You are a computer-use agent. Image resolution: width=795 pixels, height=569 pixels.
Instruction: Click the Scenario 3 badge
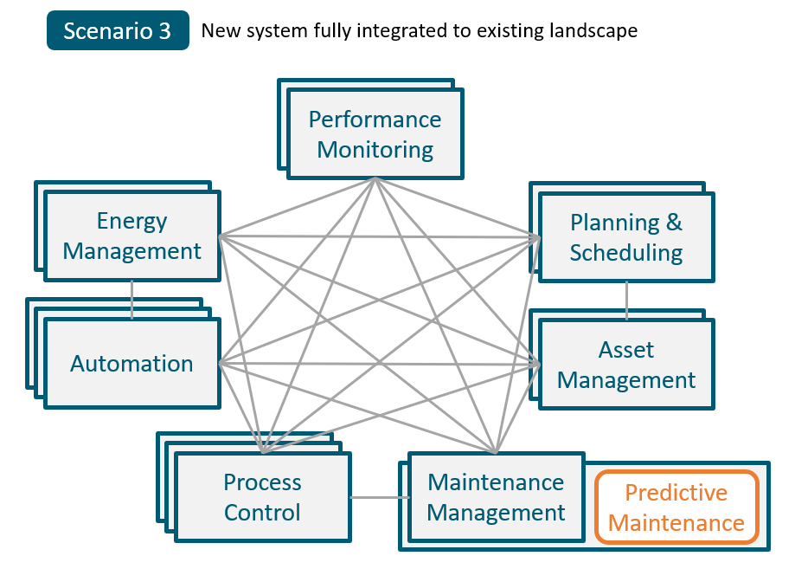pos(118,31)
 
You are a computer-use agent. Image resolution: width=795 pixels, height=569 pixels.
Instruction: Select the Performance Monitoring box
pos(375,134)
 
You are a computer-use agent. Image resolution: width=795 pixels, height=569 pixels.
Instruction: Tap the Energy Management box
pos(132,236)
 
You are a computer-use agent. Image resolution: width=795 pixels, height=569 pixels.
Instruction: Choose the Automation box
pos(131,363)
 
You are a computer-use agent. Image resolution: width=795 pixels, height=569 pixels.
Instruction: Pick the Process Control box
pos(262,497)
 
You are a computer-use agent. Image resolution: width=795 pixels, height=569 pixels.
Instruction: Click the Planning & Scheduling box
pos(626,237)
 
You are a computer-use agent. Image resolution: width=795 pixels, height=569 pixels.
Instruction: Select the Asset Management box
pos(626,365)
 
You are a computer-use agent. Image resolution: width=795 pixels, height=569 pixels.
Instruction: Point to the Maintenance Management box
pos(496,497)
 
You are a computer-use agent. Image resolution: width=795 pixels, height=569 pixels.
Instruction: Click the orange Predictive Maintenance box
pos(676,508)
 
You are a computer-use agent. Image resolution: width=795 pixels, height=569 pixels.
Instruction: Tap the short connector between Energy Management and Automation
pos(131,300)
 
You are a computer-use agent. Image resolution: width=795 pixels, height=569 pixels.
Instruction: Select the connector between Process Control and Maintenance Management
pos(380,497)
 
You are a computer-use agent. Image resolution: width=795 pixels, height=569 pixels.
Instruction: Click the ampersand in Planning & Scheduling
pos(673,223)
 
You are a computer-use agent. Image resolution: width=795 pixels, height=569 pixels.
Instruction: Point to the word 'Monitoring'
pos(375,150)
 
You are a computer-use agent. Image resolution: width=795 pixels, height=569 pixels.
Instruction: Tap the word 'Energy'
pos(132,222)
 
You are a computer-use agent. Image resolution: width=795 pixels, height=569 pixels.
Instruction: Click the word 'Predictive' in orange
pos(676,493)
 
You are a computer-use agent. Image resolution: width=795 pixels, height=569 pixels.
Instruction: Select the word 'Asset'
pos(626,350)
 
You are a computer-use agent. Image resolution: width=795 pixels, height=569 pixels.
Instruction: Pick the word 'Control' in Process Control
pos(262,513)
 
